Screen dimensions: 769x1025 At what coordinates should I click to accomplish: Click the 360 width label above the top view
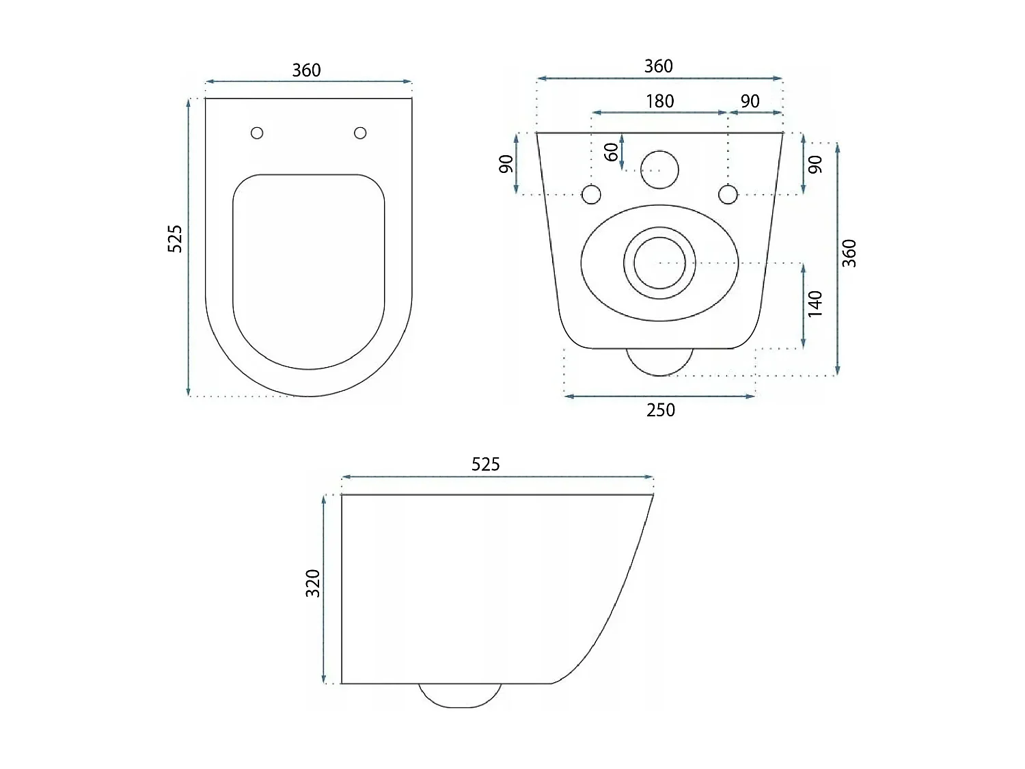306,70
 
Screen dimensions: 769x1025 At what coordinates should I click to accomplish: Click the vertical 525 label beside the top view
176,239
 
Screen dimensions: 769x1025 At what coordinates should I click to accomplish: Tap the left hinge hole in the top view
257,133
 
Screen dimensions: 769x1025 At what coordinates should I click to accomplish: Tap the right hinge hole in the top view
360,133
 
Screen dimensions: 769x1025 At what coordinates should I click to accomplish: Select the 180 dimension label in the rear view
659,101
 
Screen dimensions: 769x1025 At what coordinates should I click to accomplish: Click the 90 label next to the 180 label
750,101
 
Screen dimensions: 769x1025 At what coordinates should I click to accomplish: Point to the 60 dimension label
612,151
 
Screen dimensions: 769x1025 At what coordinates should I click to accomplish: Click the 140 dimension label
815,303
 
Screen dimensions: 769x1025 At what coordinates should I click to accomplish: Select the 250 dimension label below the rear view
660,410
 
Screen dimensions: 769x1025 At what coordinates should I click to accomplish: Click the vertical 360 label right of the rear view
849,253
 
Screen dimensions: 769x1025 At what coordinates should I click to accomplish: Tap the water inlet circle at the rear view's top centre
659,169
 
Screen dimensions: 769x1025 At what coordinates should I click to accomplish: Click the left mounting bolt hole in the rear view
591,195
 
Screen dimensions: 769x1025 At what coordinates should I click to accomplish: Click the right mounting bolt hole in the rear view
728,195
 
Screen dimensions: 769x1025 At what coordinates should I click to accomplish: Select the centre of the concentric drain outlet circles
659,263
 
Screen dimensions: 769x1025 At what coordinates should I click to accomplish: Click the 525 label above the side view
485,465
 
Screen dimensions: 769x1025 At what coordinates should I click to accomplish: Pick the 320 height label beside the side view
312,583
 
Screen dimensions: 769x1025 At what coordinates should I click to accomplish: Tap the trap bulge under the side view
460,696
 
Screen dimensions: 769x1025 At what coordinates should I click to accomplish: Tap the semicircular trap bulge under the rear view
659,362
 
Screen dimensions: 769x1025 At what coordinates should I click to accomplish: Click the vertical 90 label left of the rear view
506,164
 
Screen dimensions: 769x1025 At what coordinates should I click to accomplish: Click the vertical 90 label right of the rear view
815,164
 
